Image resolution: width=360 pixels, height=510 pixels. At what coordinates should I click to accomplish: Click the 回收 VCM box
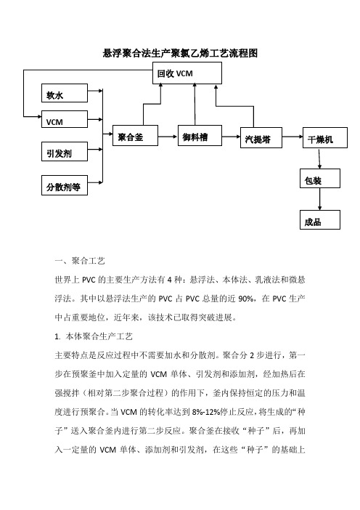pos(187,73)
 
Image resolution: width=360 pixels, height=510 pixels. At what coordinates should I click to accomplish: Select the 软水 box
pos(65,93)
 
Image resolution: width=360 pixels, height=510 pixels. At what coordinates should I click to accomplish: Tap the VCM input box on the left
pos(65,119)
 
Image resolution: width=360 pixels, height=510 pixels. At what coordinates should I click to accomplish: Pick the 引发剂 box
pos(65,152)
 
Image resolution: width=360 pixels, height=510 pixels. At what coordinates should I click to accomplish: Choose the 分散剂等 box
pos(65,185)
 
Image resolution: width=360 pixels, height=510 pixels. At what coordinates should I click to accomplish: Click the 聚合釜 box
pos(135,135)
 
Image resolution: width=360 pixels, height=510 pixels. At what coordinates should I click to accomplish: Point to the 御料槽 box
pos(200,135)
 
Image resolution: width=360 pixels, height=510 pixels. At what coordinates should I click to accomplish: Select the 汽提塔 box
pos(261,138)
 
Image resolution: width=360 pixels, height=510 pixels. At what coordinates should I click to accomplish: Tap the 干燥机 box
pos(325,138)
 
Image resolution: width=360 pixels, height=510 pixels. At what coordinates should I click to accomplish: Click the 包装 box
pos(320,178)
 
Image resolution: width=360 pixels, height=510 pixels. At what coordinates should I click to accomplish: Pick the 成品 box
pos(320,220)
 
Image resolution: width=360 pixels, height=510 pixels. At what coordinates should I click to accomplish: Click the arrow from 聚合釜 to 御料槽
pos(168,137)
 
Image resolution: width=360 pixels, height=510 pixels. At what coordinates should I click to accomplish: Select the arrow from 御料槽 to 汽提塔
pos(231,137)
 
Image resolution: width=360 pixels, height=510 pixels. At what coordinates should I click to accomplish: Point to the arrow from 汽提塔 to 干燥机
pos(292,137)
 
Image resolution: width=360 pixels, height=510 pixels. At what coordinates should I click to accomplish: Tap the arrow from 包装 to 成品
pos(320,199)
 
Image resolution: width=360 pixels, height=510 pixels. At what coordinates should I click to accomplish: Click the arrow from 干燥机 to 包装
pos(319,158)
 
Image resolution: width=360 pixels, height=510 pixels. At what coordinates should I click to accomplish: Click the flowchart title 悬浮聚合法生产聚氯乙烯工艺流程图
pos(180,53)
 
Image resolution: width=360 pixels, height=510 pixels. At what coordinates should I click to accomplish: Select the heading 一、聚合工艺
pos(80,261)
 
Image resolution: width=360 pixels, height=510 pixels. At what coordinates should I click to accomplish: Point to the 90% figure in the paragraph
pos(245,299)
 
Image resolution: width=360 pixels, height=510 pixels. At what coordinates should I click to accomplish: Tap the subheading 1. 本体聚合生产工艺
pos(94,336)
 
